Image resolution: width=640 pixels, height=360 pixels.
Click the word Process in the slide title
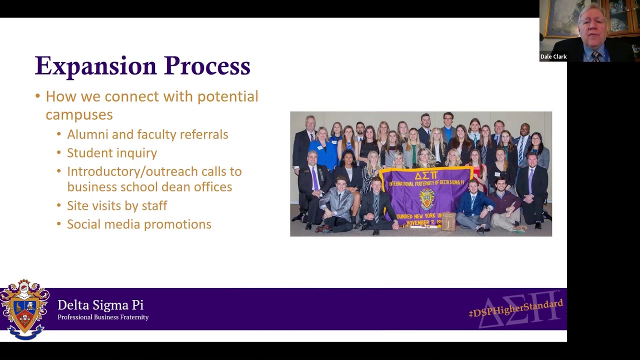(207, 66)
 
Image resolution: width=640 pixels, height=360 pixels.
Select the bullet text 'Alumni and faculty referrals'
(147, 134)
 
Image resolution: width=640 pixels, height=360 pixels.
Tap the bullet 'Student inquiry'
(112, 153)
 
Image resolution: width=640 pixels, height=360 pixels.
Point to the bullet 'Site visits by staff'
(117, 205)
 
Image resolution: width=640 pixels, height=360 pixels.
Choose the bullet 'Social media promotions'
(139, 224)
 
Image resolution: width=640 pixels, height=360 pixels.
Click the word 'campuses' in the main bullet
(79, 114)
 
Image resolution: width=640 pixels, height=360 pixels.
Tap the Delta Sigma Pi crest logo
(24, 309)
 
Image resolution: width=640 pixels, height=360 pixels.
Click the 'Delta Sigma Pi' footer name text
(100, 305)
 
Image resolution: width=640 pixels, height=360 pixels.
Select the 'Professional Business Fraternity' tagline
(103, 317)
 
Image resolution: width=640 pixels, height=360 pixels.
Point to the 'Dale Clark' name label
(553, 56)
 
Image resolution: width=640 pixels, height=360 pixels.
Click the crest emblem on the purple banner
(426, 197)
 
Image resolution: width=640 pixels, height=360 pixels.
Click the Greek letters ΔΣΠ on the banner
(426, 175)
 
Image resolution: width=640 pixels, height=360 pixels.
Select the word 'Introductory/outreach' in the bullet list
(132, 171)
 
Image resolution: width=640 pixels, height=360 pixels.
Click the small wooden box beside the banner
(448, 221)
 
